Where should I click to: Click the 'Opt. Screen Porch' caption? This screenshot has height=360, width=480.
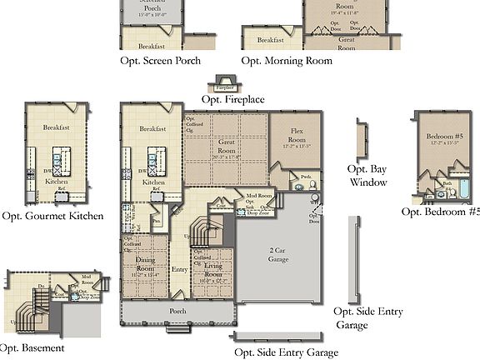pyautogui.click(x=161, y=61)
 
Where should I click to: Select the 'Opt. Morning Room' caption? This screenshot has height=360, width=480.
pyautogui.click(x=287, y=61)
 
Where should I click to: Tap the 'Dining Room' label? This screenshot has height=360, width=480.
pyautogui.click(x=146, y=266)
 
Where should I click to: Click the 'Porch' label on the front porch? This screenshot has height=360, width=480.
pyautogui.click(x=177, y=311)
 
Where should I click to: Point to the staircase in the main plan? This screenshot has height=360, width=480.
pyautogui.click(x=201, y=227)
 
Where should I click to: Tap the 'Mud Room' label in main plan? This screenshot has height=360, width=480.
pyautogui.click(x=258, y=197)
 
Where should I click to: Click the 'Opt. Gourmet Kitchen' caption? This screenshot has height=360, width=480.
pyautogui.click(x=52, y=216)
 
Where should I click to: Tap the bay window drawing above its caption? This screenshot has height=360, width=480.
pyautogui.click(x=361, y=139)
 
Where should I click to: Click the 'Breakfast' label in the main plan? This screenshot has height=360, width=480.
pyautogui.click(x=152, y=129)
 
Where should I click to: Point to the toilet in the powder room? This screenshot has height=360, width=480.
pyautogui.click(x=312, y=185)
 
